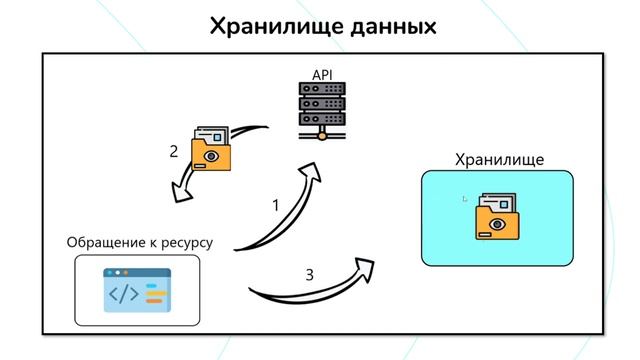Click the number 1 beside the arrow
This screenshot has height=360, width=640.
276,206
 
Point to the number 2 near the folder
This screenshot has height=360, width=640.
173,152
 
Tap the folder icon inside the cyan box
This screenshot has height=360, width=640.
495,216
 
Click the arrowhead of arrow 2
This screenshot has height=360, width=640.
181,190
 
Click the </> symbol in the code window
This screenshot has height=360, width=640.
124,294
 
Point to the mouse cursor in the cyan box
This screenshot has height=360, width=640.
465,199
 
